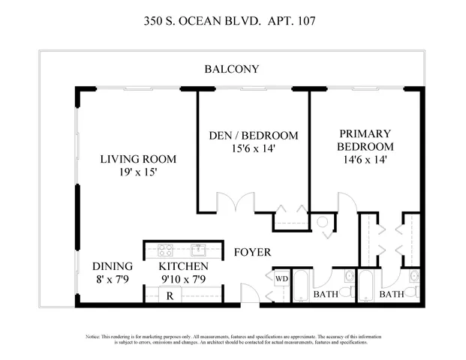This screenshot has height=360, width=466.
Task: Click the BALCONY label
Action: (232, 69)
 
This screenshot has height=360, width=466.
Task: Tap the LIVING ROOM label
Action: (138, 159)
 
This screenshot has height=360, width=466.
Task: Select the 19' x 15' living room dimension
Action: (138, 172)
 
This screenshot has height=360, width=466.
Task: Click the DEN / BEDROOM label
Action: (253, 136)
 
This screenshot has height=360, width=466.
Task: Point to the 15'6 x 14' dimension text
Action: (253, 148)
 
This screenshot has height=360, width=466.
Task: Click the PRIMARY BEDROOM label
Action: (365, 139)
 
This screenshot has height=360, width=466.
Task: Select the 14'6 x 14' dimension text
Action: (365, 160)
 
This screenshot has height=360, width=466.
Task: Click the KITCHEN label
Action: (183, 267)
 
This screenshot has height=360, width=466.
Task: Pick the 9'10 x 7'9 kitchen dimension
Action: (183, 280)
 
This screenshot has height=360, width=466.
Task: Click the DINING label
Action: (113, 267)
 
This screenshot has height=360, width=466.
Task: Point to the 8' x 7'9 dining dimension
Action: (113, 280)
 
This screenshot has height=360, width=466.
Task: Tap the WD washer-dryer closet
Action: (281, 280)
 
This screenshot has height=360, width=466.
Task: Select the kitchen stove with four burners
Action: (166, 250)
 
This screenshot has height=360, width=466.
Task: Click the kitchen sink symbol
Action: (198, 250)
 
